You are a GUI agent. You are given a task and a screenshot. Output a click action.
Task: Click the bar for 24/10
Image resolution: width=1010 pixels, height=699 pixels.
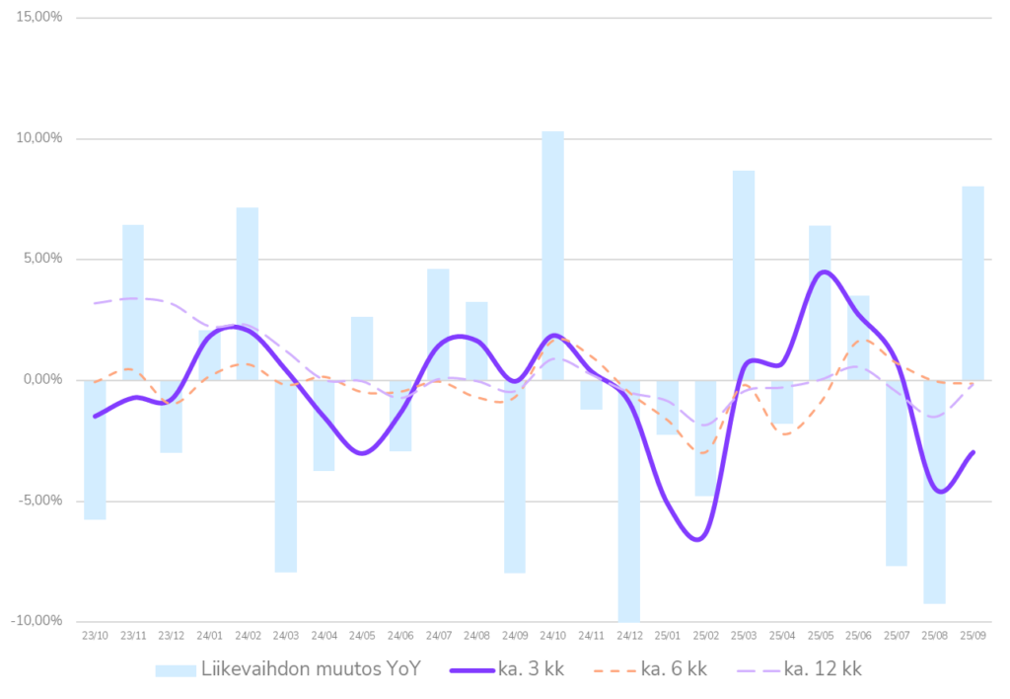pos(552,255)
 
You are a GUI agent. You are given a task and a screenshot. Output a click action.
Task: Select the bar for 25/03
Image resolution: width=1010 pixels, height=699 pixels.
pos(744,274)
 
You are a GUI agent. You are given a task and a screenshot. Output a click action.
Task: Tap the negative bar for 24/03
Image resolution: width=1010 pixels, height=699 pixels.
pos(286,476)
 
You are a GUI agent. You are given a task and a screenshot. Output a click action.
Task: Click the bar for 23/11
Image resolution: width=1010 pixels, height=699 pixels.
pos(133,302)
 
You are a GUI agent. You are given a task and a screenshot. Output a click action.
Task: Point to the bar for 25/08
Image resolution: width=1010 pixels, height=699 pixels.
pos(934,492)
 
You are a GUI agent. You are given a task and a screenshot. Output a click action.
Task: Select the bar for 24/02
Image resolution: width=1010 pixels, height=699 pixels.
pos(248,293)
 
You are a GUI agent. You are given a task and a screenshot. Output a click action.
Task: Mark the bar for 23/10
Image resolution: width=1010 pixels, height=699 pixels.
pos(96,450)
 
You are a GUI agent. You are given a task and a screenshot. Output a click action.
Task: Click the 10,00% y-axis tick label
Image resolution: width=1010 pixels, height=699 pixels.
pos(40,138)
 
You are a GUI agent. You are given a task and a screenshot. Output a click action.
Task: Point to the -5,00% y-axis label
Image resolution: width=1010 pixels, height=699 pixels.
pos(40,501)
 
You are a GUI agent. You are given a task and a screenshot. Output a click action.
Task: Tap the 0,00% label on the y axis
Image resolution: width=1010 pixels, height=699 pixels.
pos(42,380)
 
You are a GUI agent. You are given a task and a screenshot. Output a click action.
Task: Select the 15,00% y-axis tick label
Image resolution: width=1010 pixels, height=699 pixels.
pos(40,18)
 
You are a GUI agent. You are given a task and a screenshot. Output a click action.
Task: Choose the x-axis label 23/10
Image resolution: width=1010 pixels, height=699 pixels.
pos(96,636)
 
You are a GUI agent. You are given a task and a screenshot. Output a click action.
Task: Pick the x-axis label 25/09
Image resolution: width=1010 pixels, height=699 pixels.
pos(973,636)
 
